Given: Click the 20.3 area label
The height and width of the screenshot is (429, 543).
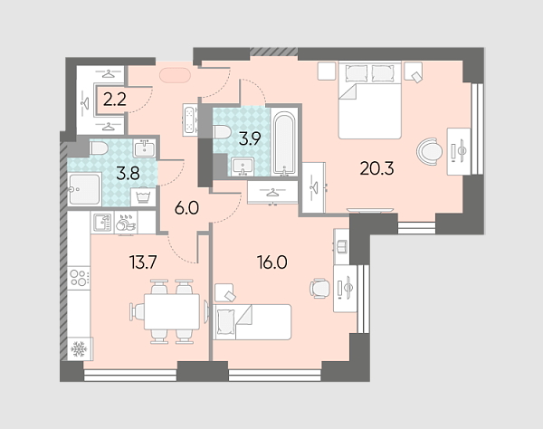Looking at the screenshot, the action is point(376,168).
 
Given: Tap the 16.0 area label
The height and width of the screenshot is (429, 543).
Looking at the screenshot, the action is point(272,262).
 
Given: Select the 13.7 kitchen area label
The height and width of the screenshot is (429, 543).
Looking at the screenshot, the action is point(143,262).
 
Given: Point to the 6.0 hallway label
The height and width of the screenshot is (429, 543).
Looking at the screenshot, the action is point(186,208).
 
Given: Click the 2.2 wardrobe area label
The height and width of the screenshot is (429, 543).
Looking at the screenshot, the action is point(115,100).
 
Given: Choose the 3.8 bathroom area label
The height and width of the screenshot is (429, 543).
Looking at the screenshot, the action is point(129,174).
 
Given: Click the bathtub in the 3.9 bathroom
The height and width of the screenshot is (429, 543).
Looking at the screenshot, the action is point(284,142).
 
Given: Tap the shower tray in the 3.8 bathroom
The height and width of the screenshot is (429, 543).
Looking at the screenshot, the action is point(84,189).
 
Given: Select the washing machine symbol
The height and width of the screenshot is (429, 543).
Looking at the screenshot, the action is point(143,196).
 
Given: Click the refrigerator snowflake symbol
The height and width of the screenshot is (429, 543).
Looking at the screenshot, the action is point(79,349).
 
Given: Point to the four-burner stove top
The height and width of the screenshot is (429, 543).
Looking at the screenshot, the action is point(79,278).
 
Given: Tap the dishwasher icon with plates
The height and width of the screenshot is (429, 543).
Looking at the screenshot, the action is point(126,223).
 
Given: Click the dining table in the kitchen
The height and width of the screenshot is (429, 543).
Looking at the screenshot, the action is point(172,311).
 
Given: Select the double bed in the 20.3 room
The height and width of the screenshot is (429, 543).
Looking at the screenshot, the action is point(370,100).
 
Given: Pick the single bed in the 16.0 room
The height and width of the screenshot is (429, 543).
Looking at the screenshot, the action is point(252,322).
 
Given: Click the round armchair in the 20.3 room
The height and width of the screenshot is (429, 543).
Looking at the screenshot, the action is point(429,151).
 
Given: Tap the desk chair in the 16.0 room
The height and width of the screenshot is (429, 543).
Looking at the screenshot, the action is point(320,289).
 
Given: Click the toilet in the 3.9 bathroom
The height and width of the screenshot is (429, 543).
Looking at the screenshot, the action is point(223,132).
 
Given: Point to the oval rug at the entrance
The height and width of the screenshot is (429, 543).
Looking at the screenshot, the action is point(176,75).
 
